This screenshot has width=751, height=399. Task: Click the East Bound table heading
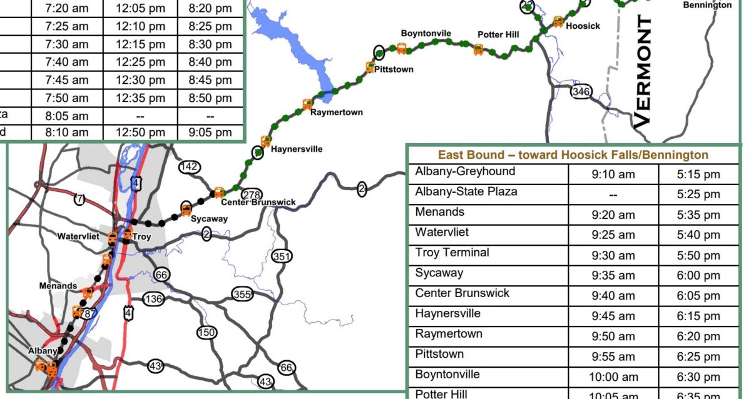(x=573, y=155)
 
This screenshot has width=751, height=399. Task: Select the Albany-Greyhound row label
(x=465, y=171)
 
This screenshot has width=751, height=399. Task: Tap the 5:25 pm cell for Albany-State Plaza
(x=698, y=194)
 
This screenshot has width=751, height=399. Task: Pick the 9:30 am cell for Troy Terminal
(x=613, y=255)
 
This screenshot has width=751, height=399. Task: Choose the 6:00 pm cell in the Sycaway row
(x=698, y=276)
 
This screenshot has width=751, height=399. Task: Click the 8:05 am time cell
(x=67, y=116)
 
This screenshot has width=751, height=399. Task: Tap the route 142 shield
(x=188, y=166)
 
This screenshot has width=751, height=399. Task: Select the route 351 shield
(x=282, y=256)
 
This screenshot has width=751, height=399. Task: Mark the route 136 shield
(x=153, y=299)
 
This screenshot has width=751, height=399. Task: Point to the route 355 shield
(x=242, y=294)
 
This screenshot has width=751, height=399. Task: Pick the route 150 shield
(x=207, y=332)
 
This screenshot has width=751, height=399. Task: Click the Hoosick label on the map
(x=583, y=26)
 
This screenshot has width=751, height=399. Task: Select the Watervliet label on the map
(x=78, y=237)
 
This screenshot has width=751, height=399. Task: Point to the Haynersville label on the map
(x=297, y=149)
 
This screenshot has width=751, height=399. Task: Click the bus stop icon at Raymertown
(x=307, y=104)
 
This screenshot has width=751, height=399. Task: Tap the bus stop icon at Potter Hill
(x=479, y=49)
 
